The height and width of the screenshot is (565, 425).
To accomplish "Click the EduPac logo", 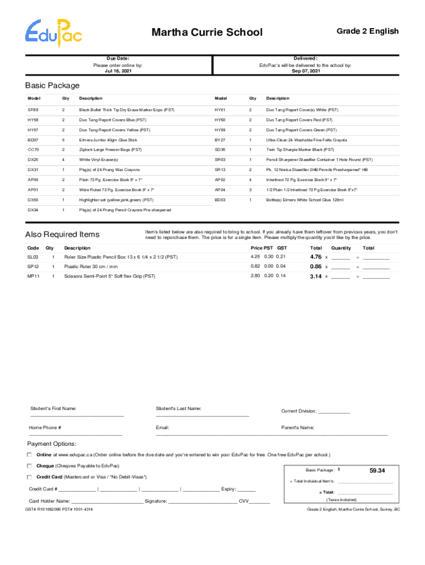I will (x=54, y=32).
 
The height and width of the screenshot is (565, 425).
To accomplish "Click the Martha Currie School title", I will (x=207, y=33).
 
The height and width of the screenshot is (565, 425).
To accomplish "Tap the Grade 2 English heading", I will (x=367, y=31).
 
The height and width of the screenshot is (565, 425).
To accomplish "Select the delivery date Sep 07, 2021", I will (x=305, y=71).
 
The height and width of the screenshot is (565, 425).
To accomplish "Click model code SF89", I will (x=33, y=110).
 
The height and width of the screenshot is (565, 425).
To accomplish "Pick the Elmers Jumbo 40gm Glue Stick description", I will (x=108, y=140).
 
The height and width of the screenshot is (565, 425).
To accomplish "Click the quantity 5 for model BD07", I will (x=63, y=140).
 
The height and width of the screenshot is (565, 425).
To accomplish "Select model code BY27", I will (x=220, y=140).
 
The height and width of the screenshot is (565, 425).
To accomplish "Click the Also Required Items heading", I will (x=62, y=235).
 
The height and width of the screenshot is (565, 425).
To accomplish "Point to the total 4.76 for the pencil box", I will (x=316, y=257).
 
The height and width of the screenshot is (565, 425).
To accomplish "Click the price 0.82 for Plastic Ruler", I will (x=255, y=266).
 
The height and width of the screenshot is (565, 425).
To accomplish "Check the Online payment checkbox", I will (x=29, y=455).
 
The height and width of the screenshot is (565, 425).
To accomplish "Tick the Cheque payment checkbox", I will (x=29, y=466).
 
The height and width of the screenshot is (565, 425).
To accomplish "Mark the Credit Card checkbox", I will (x=29, y=477).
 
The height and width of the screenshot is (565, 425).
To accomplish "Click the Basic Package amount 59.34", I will (x=377, y=471).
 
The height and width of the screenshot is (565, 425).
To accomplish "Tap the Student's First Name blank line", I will (x=77, y=415).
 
